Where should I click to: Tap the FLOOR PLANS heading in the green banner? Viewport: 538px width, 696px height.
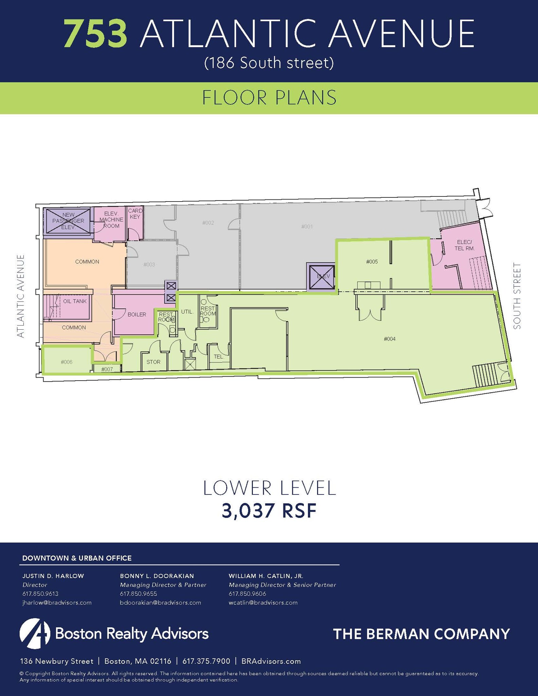[269, 98]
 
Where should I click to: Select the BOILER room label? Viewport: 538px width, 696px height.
[137, 315]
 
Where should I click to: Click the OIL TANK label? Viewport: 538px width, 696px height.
[75, 301]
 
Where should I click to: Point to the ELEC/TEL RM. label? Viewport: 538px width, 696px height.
[464, 245]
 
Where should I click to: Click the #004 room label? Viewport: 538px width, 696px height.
[389, 339]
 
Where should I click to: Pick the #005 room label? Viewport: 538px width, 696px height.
[372, 262]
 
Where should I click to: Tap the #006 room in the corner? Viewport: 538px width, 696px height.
[67, 362]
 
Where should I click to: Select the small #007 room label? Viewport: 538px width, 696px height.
[107, 369]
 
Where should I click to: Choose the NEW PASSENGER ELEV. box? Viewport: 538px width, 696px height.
[68, 221]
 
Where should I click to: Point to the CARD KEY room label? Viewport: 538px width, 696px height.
[135, 214]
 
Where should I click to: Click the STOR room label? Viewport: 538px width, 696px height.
[153, 362]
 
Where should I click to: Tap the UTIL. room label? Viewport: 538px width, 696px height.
[187, 311]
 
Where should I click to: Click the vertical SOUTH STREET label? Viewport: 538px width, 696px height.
[517, 296]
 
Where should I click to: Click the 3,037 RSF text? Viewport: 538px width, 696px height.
[269, 511]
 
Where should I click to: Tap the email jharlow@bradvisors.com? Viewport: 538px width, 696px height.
[57, 603]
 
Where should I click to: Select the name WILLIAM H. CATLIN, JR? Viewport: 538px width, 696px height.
[266, 576]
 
